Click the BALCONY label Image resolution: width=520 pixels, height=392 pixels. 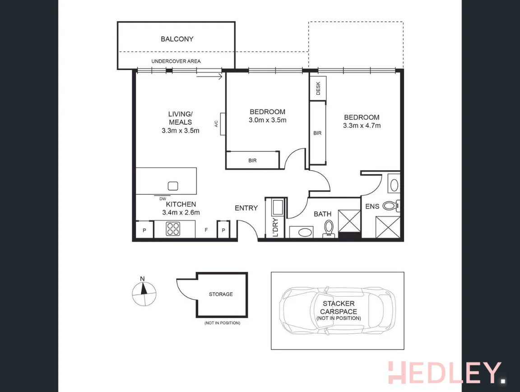177,39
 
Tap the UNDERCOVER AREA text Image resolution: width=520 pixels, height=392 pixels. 176,61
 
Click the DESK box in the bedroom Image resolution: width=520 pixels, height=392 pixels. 318,88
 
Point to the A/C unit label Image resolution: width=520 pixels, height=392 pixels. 216,123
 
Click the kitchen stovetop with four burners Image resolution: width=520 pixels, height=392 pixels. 172,229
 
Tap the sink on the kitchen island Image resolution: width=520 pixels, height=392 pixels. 172,186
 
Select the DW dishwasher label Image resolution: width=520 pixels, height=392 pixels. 162,198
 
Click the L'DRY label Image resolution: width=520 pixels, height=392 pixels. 275,228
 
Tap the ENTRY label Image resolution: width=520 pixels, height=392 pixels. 246,208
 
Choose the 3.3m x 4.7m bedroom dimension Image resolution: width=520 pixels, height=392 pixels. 362,126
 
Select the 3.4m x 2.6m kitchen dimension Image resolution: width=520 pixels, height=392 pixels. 181,212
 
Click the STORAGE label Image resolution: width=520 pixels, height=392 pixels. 221,294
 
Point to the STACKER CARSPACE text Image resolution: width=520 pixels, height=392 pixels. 338,308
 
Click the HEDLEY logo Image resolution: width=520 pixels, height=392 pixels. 445,373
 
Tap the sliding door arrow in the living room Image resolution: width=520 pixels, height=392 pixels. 210,77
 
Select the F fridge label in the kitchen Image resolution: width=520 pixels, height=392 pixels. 206,230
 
